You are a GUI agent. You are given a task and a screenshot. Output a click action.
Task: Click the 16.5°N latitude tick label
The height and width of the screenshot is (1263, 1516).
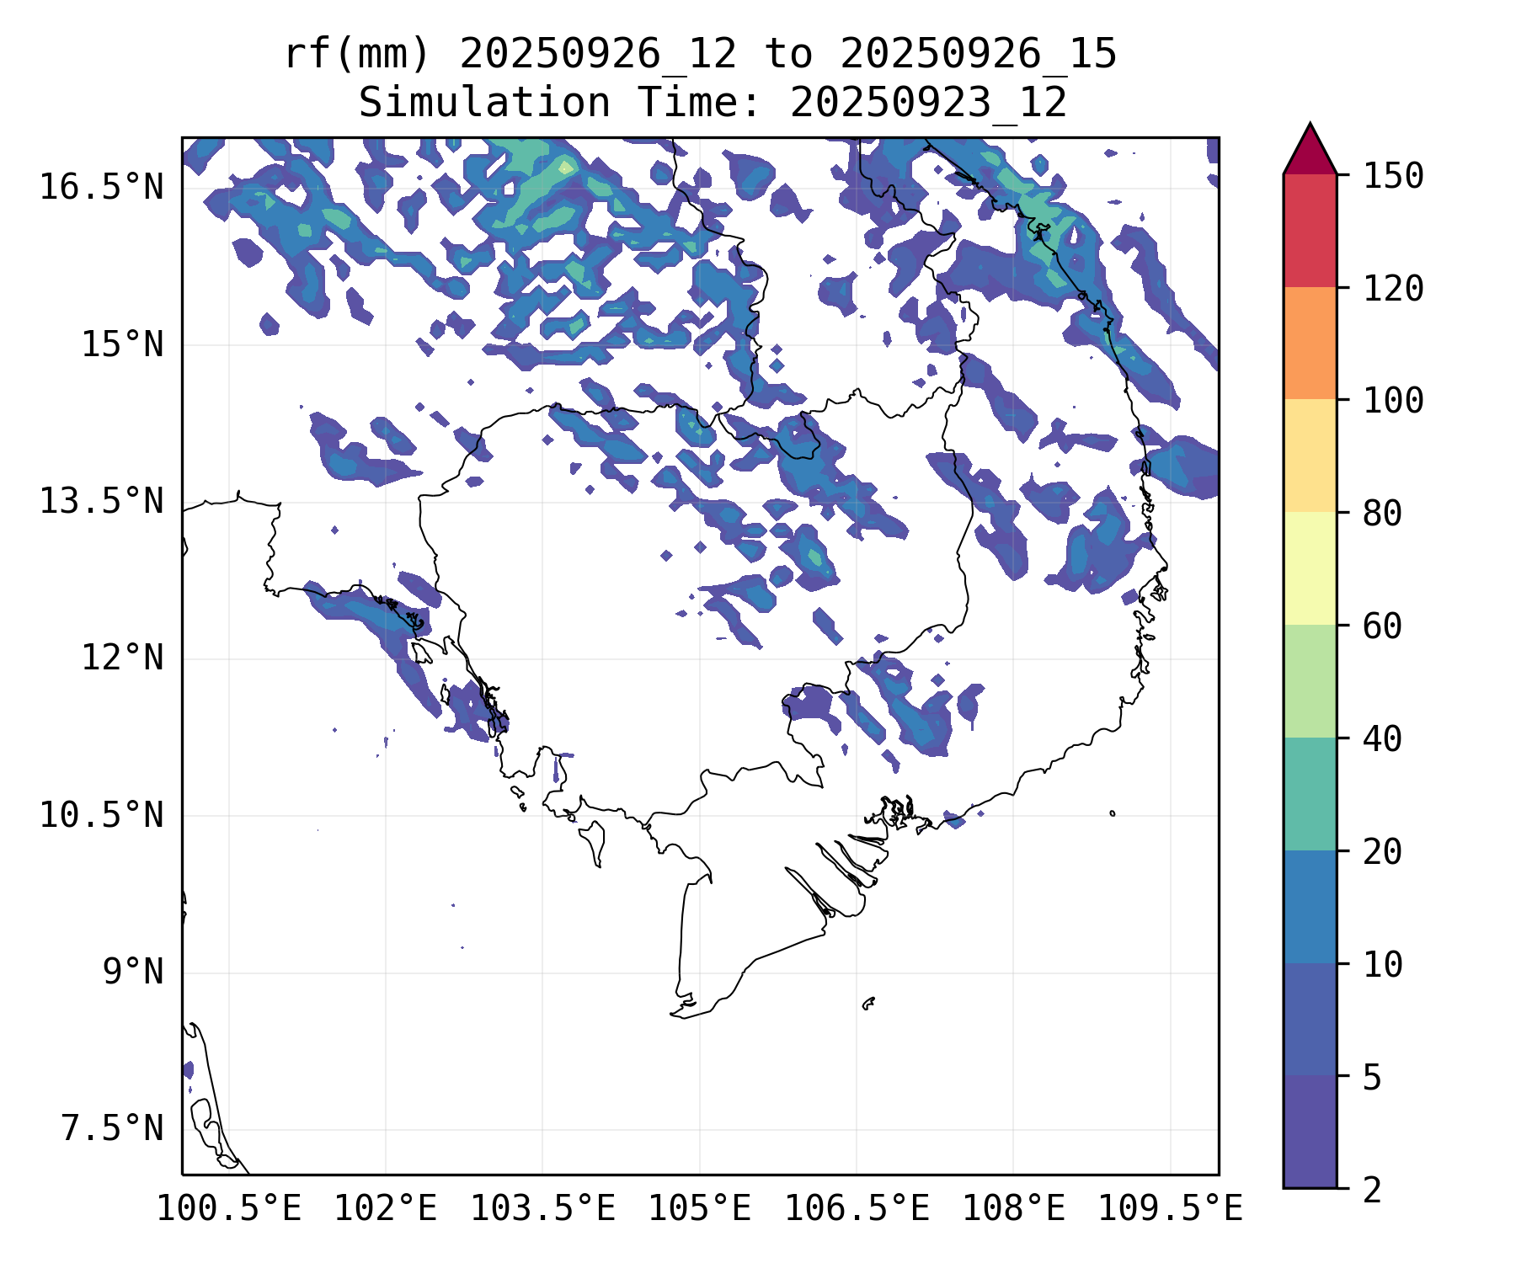point(101,187)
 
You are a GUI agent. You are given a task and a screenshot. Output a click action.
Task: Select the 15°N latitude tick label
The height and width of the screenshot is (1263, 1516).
point(122,344)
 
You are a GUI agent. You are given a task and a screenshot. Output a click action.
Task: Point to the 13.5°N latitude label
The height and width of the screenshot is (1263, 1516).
point(101,501)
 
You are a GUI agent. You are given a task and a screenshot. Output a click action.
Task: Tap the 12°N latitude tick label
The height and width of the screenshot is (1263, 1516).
point(122,658)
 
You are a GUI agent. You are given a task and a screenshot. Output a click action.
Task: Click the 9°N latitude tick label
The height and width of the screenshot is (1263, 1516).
point(133,972)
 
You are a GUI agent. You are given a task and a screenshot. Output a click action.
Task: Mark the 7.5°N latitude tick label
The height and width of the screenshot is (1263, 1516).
point(112,1128)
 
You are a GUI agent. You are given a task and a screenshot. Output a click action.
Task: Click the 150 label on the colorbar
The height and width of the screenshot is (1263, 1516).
point(1393,176)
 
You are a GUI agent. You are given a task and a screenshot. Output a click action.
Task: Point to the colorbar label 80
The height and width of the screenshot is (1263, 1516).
point(1382,513)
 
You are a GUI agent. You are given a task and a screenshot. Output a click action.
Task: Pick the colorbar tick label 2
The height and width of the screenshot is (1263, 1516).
point(1372,1190)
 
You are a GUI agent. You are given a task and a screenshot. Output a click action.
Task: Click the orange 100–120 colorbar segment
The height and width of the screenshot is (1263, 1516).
point(1310,343)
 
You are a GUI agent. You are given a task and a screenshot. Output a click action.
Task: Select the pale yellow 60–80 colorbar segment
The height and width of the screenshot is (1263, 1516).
point(1310,568)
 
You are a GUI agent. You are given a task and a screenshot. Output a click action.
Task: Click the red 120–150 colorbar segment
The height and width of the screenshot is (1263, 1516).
point(1310,231)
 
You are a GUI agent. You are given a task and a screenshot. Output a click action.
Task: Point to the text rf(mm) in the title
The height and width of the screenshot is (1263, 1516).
point(357,55)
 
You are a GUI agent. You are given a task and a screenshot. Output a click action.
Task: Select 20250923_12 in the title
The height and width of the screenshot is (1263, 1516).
point(928,103)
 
